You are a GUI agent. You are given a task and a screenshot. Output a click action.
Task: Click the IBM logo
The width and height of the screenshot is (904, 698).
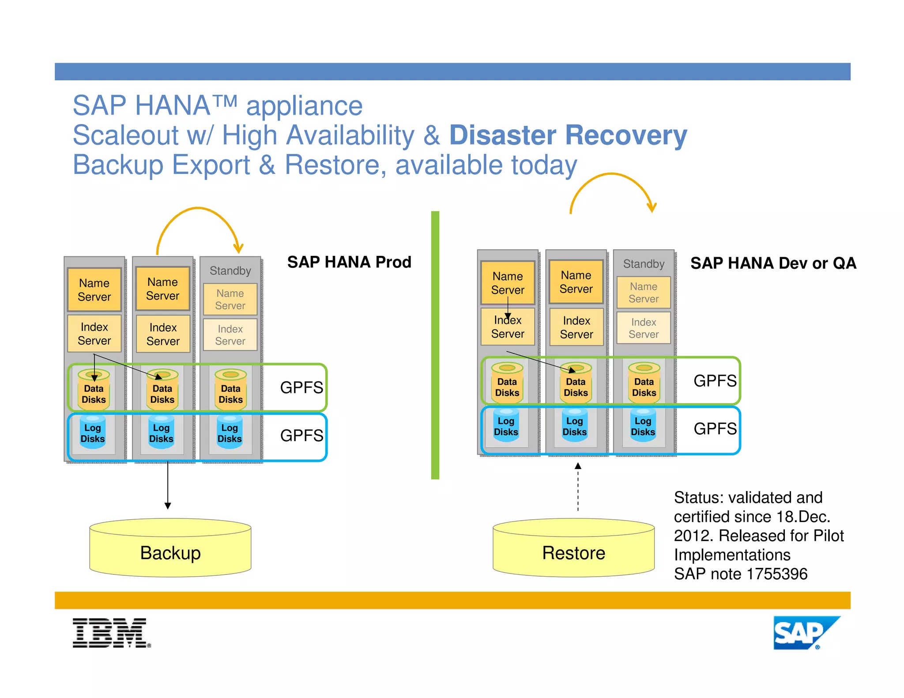click(111, 633)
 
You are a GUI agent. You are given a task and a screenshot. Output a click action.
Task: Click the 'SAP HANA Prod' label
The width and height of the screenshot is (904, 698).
click(349, 262)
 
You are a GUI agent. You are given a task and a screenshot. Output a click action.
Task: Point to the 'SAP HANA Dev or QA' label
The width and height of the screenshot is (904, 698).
click(773, 263)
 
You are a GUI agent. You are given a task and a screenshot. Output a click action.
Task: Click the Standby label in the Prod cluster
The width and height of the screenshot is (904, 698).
click(230, 270)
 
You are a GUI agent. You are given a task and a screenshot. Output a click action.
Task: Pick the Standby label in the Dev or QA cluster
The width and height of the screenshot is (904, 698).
click(644, 264)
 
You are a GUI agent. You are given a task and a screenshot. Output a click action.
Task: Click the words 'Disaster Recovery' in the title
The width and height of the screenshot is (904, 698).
click(568, 135)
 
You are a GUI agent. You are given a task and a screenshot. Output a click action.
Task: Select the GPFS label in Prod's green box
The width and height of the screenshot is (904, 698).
click(301, 387)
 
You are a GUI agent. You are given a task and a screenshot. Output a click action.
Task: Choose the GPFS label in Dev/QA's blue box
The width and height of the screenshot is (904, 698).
click(715, 428)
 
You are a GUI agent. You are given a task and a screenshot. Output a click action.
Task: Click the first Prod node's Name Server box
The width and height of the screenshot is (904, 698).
click(94, 289)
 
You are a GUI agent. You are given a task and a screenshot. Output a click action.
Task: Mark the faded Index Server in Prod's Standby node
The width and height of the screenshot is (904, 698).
click(230, 335)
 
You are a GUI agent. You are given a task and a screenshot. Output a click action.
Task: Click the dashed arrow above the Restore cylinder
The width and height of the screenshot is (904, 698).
click(578, 488)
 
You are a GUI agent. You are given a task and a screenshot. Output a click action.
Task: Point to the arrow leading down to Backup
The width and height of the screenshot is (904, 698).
click(168, 485)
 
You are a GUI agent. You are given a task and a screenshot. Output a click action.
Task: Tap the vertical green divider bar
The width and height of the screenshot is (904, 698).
click(435, 344)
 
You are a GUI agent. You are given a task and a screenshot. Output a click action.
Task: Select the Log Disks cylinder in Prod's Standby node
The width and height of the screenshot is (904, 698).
click(230, 433)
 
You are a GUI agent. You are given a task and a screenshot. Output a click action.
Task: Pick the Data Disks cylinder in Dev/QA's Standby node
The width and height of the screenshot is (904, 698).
click(644, 383)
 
